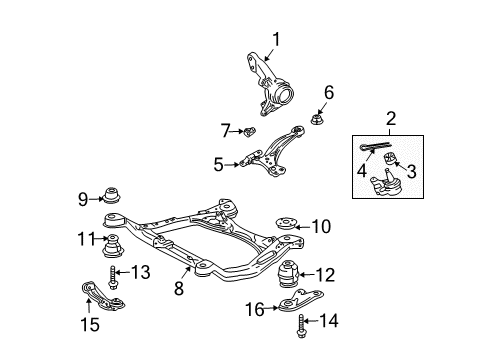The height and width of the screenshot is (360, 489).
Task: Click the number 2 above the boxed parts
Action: tap(391, 119)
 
